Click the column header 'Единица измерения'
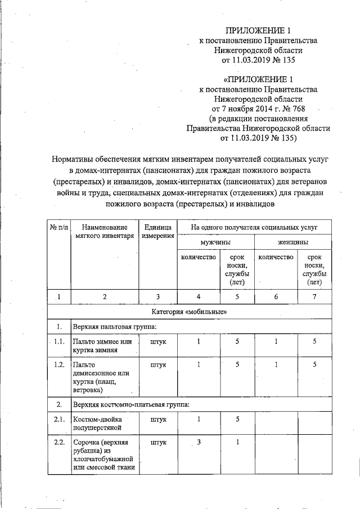(x=157, y=232)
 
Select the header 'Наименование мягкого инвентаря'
(x=105, y=232)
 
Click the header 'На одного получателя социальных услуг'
(x=254, y=227)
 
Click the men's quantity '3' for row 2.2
(x=199, y=442)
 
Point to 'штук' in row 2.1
(x=159, y=419)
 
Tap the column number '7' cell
(x=314, y=296)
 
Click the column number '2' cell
(x=105, y=296)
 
